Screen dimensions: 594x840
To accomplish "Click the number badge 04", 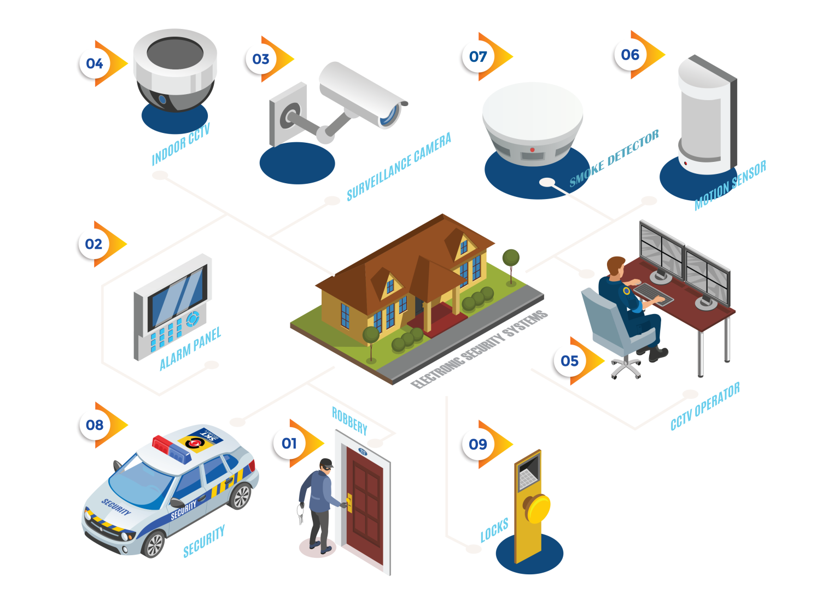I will [x=94, y=63].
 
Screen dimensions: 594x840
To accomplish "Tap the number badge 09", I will [x=478, y=444].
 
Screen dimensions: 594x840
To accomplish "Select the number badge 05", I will [x=569, y=361].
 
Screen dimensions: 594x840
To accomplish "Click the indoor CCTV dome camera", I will [x=175, y=71].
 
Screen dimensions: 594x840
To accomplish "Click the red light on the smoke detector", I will [x=532, y=149].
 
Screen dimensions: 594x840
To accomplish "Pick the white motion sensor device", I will [x=705, y=118].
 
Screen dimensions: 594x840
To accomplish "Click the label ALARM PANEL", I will [x=190, y=349].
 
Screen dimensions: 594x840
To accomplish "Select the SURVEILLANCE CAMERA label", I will [x=399, y=166].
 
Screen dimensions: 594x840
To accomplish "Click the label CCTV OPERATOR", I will [x=705, y=406].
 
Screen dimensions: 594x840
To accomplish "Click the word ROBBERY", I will [x=349, y=420].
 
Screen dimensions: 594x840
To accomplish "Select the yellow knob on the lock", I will [x=538, y=508].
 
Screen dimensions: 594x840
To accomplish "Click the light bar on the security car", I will [x=172, y=447].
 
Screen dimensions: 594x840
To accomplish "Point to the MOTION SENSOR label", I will [x=730, y=185].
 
